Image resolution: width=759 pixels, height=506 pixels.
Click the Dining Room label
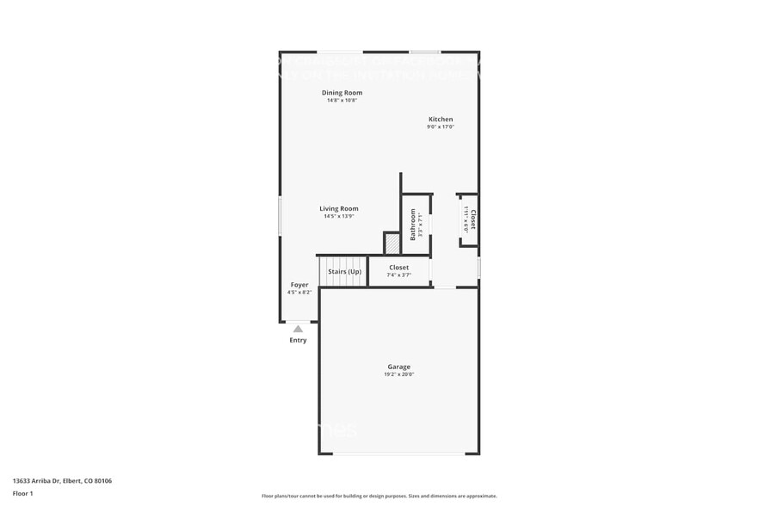pos(342,92)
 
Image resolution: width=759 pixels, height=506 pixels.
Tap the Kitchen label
pos(441,120)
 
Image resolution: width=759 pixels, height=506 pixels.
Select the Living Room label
pos(338,208)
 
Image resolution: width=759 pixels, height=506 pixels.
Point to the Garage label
pos(398,367)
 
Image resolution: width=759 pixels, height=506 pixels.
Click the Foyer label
pos(299,285)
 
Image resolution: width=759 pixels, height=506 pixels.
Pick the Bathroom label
pos(413,224)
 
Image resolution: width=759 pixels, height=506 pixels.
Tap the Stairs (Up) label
pos(344,272)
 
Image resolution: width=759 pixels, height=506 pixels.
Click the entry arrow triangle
pos(298,329)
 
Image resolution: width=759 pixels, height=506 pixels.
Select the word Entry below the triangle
pos(298,340)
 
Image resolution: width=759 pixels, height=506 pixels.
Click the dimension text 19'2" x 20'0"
pos(398,375)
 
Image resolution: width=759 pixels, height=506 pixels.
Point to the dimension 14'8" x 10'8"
pos(342,101)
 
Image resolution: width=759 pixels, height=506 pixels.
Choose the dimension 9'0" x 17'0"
pos(441,127)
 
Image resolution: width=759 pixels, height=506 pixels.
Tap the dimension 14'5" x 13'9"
pos(338,216)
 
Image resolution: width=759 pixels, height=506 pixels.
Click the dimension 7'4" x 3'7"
pos(398,275)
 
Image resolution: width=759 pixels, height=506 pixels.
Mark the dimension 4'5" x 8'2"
pos(299,293)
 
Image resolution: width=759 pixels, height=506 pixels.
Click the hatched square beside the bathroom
pos(392,243)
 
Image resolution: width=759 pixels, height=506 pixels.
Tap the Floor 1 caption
pos(22,493)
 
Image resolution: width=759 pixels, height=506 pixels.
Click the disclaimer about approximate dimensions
pos(379,497)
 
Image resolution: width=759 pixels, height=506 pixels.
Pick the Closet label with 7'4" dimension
pos(398,268)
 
